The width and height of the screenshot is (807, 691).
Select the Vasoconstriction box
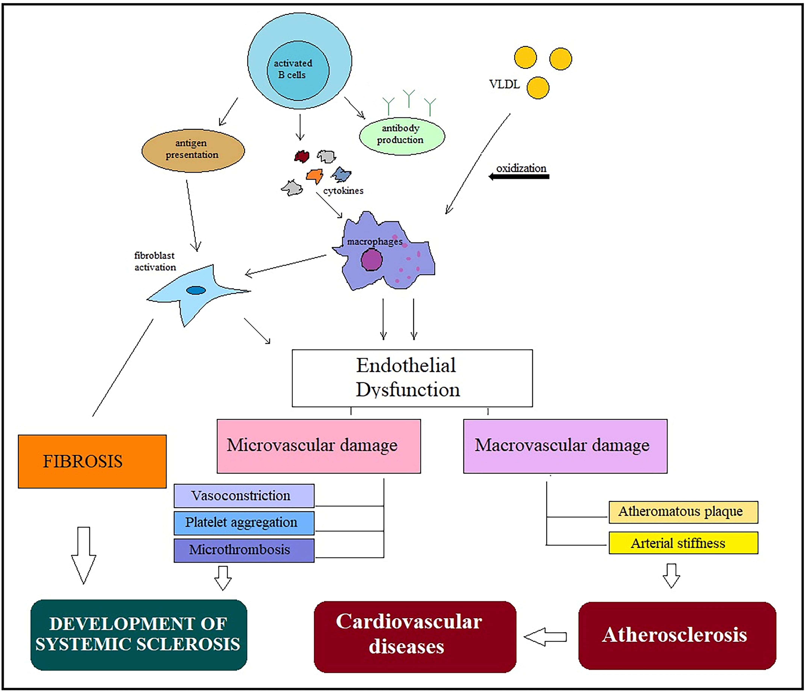[x=244, y=496]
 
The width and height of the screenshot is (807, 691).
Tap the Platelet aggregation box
[x=244, y=523]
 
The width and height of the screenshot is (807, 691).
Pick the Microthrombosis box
[x=244, y=550]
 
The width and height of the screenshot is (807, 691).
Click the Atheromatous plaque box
[x=683, y=512]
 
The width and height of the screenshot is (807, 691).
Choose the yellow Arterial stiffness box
[x=683, y=543]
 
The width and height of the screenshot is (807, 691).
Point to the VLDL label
[x=504, y=84]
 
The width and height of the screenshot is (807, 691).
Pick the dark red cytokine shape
[x=302, y=156]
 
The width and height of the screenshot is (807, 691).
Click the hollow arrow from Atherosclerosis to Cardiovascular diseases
[x=545, y=637]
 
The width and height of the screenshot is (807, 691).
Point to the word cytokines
[x=343, y=191]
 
